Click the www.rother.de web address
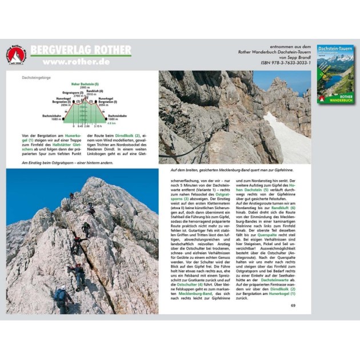[x=77, y=62]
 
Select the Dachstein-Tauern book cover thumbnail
[x=335, y=75]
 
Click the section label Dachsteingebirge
[x=35, y=76]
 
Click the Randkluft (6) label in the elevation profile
[x=95, y=91]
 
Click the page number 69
[x=293, y=305]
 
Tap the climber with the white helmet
[x=60, y=294]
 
